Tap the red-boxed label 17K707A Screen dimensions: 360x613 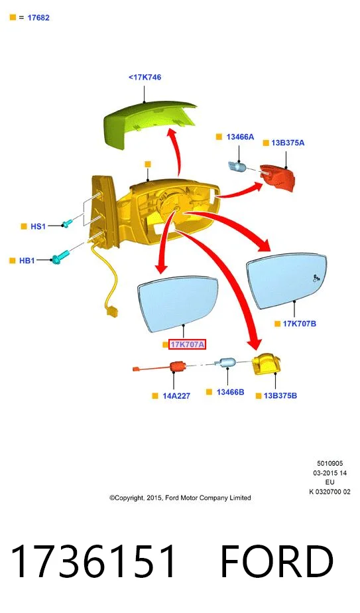[187, 344]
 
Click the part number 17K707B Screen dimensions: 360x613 [300, 324]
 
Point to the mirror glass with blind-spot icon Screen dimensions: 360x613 [286, 281]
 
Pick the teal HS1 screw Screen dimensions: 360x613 [66, 224]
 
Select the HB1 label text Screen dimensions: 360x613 [27, 260]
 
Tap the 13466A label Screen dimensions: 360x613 [240, 137]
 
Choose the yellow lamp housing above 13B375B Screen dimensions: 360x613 [267, 364]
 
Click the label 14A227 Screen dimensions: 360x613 [176, 395]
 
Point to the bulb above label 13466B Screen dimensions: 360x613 [227, 364]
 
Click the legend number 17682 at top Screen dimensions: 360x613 [38, 18]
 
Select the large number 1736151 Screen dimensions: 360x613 [93, 561]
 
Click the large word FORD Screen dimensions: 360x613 [276, 561]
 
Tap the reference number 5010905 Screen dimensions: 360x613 [330, 463]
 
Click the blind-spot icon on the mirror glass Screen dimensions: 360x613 [316, 278]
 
